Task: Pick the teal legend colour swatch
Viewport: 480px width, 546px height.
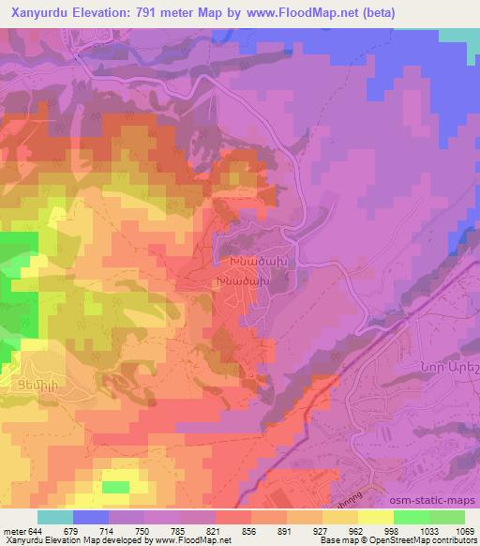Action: point(55,517)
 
